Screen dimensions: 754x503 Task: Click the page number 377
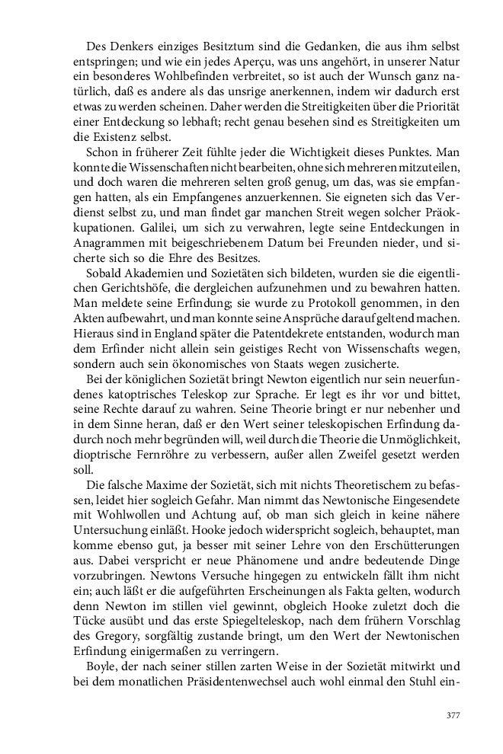[452, 715]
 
